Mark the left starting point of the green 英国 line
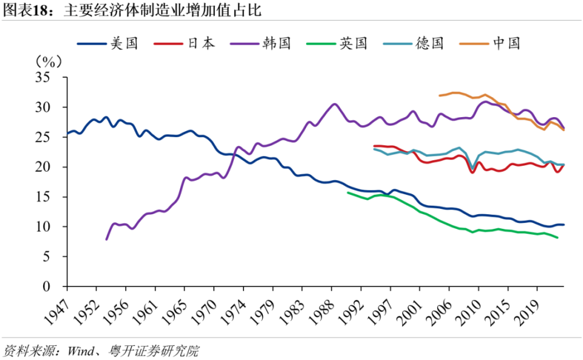click(347, 192)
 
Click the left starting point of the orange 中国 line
click(439, 95)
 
